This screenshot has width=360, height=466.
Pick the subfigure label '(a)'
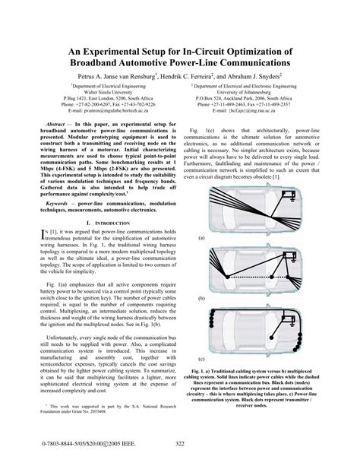pos(201,239)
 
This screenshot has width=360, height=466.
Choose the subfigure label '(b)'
pos(201,300)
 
